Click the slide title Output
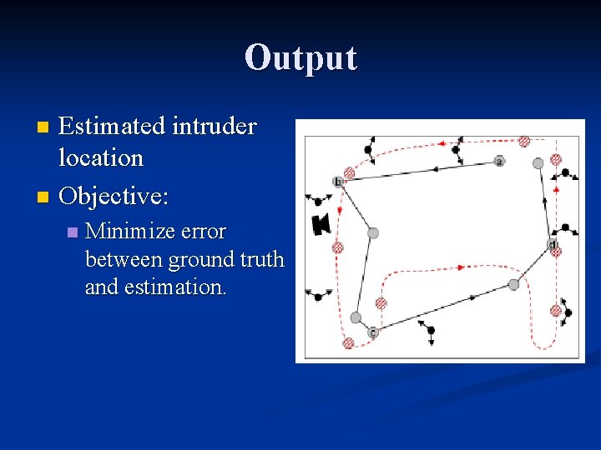(x=300, y=58)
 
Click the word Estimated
(x=112, y=127)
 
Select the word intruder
(x=214, y=127)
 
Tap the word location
(x=101, y=157)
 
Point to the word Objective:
(x=114, y=197)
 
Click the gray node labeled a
(x=499, y=161)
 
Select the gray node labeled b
(x=338, y=182)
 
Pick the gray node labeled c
(x=373, y=332)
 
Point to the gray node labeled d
(x=552, y=243)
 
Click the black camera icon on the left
(x=321, y=223)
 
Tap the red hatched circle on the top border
(x=524, y=142)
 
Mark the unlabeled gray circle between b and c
(x=373, y=232)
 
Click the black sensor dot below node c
(x=431, y=331)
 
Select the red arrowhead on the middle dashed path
(x=460, y=267)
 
